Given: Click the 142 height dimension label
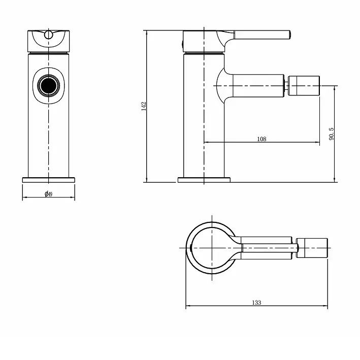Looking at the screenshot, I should (x=144, y=106).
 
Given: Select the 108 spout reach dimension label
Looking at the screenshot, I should (x=262, y=139).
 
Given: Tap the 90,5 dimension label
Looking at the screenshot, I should (x=331, y=134).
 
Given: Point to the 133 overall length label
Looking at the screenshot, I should (x=256, y=303).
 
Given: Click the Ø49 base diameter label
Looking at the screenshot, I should (x=48, y=194).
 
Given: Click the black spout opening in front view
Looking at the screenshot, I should (x=48, y=85).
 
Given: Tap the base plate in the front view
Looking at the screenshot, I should (x=48, y=179).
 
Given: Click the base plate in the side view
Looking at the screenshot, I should (x=204, y=179).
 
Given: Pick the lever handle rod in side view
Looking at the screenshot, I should (x=261, y=35).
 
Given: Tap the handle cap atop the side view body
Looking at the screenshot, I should (x=203, y=41).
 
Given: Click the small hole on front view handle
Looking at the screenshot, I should (x=48, y=35).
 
